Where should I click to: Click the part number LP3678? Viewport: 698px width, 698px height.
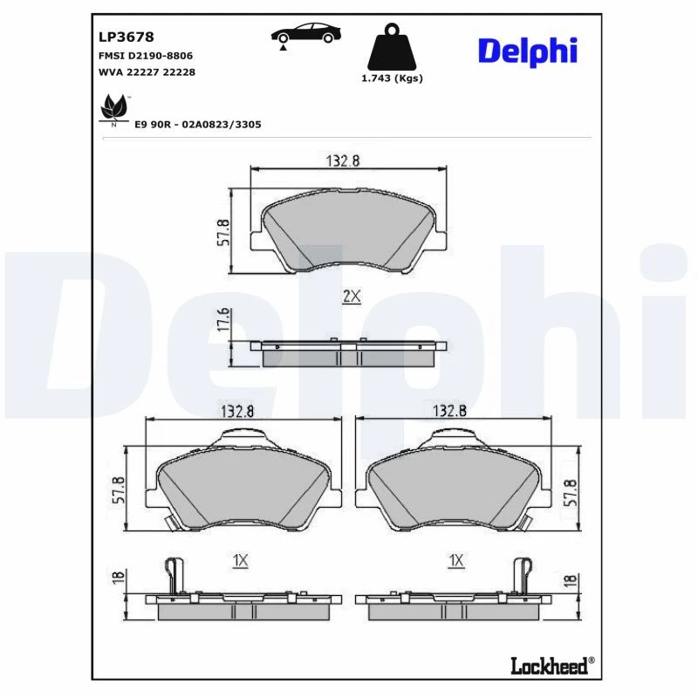tap(126, 37)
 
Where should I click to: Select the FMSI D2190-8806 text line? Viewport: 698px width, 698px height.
tap(146, 56)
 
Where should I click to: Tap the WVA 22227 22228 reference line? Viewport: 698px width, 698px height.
tap(147, 72)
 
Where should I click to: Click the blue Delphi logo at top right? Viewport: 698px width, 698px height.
tap(528, 51)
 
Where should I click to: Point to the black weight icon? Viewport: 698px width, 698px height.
tap(392, 47)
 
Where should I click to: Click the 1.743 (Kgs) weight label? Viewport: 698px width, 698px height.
tap(392, 79)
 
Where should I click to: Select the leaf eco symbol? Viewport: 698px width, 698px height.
tap(114, 108)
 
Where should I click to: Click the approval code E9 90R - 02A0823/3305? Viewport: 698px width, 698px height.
tap(198, 125)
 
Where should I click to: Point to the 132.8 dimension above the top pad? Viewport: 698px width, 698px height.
tap(343, 161)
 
